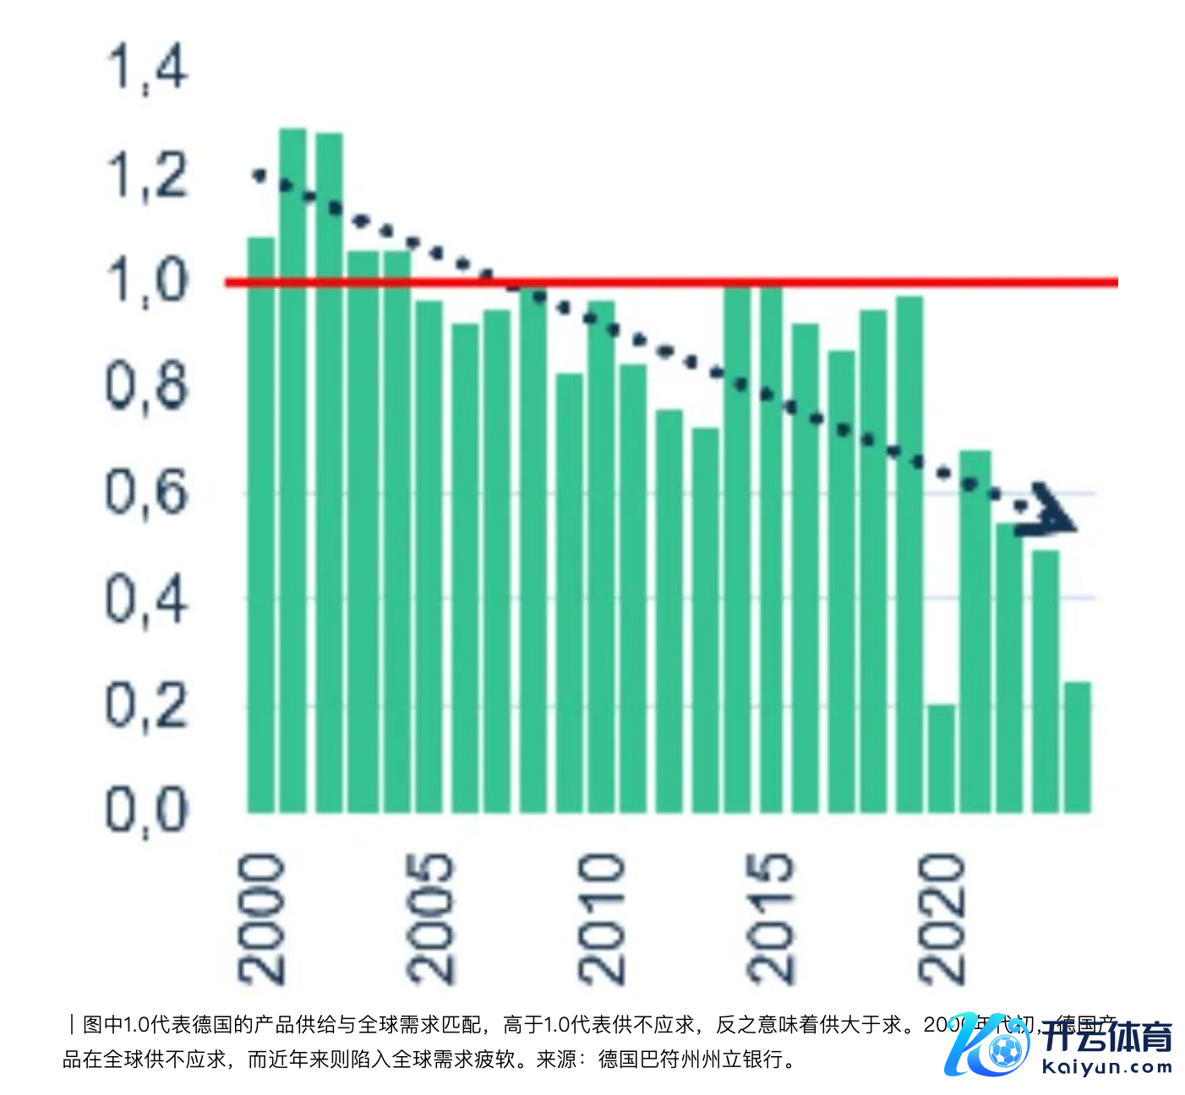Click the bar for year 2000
(260, 524)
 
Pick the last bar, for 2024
(1078, 747)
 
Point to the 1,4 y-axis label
(146, 68)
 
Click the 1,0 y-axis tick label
(146, 281)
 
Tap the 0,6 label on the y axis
(146, 493)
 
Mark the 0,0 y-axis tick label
(146, 810)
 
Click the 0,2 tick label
(146, 705)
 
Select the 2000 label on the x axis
(261, 918)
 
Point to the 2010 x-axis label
(600, 918)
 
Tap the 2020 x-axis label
(941, 918)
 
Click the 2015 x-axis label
(770, 918)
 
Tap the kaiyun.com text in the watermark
(1106, 1067)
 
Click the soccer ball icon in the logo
(1004, 1051)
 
